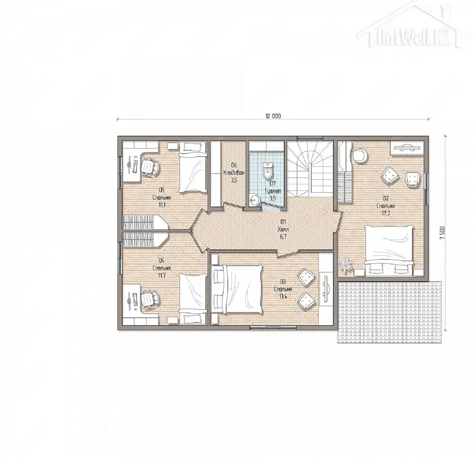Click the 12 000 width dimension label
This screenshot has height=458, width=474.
click(273, 116)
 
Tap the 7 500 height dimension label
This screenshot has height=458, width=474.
click(442, 233)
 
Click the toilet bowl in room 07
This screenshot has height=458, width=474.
click(268, 170)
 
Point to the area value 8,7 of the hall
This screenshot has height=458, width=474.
click(283, 237)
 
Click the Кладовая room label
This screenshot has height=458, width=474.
click(234, 173)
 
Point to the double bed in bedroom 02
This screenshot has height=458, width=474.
click(389, 251)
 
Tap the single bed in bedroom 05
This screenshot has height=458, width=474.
click(193, 168)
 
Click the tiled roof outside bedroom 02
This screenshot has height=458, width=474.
click(389, 312)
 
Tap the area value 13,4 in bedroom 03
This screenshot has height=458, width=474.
click(283, 297)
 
